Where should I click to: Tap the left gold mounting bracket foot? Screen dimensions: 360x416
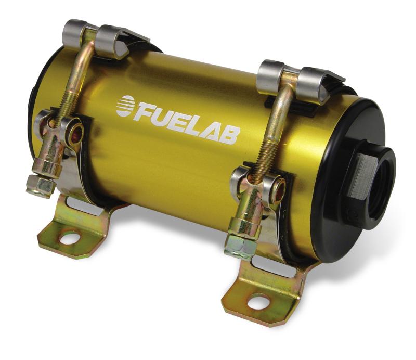(78, 229)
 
